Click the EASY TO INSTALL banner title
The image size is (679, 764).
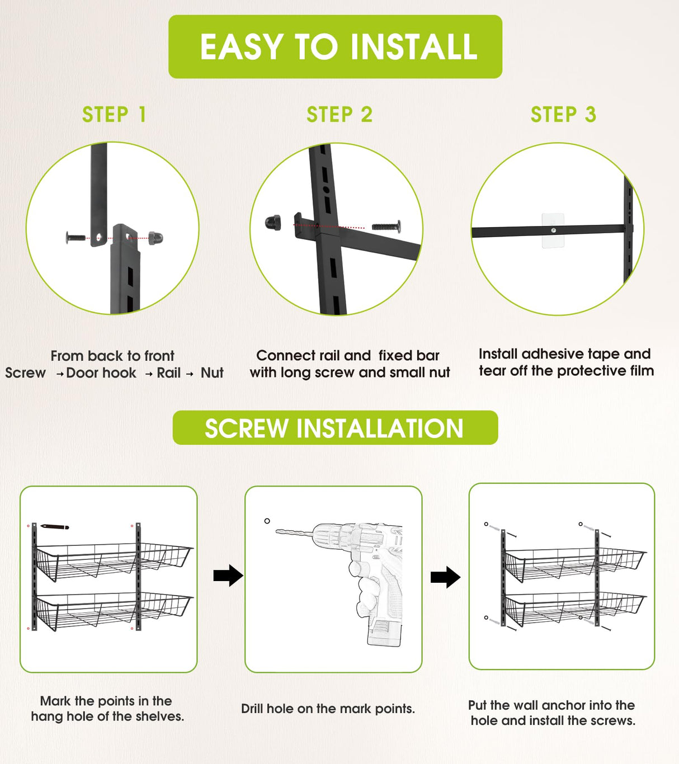click(338, 47)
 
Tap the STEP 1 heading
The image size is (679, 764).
click(114, 115)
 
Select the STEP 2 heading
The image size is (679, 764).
click(339, 115)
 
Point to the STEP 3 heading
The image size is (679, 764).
click(563, 115)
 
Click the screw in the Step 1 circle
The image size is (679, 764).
click(76, 238)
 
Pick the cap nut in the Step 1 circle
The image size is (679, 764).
click(155, 237)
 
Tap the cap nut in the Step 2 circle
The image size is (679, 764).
click(273, 223)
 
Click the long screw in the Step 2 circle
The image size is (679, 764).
click(386, 227)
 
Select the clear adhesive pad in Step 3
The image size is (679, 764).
click(553, 230)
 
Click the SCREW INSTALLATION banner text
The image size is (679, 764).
click(334, 428)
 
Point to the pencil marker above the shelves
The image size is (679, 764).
click(55, 526)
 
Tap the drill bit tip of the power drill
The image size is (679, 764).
click(277, 532)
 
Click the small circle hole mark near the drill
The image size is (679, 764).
click(267, 521)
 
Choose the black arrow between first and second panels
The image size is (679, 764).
click(228, 576)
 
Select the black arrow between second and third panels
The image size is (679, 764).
click(446, 577)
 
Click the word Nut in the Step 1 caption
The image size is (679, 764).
click(212, 372)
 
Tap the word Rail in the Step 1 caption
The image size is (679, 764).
click(168, 372)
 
